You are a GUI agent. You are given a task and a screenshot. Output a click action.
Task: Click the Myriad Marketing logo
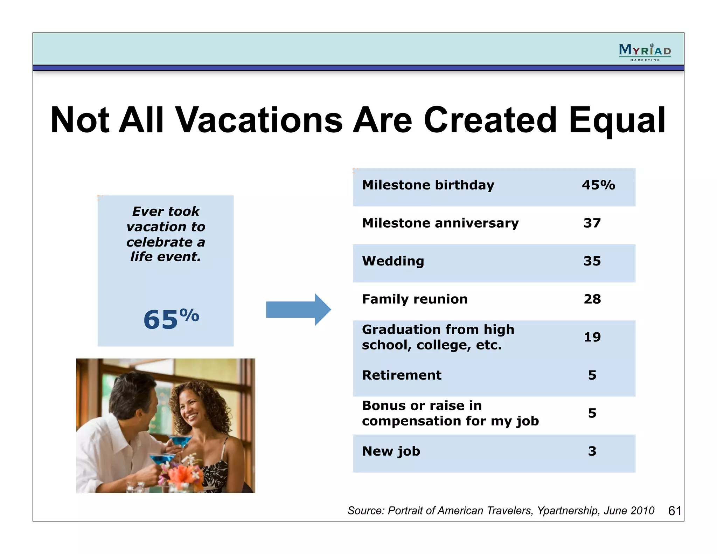pyautogui.click(x=645, y=52)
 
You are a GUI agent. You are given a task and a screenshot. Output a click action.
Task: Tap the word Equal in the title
pyautogui.click(x=617, y=120)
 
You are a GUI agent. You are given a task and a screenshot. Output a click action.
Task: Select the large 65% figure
pyautogui.click(x=171, y=319)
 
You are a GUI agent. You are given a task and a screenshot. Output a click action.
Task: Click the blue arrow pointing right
pyautogui.click(x=298, y=310)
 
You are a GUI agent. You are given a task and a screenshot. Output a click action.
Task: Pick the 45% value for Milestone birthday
pyautogui.click(x=598, y=185)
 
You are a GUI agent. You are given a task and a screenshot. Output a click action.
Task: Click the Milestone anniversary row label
pyautogui.click(x=440, y=223)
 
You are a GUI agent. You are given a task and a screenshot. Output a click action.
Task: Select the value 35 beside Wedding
pyautogui.click(x=592, y=261)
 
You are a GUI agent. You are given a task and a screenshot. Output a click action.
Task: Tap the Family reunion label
pyautogui.click(x=415, y=299)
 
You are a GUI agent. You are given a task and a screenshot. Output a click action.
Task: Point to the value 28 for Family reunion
pyautogui.click(x=592, y=299)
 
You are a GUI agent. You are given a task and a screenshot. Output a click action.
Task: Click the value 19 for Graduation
pyautogui.click(x=592, y=337)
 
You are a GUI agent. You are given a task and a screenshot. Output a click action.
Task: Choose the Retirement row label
pyautogui.click(x=402, y=375)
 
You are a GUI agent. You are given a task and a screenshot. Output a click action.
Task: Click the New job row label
pyautogui.click(x=391, y=451)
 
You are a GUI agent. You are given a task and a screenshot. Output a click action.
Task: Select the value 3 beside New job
pyautogui.click(x=592, y=451)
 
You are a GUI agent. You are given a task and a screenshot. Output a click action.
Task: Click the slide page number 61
pyautogui.click(x=674, y=511)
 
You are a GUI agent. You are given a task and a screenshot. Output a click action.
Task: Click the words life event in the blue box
pyautogui.click(x=166, y=257)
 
